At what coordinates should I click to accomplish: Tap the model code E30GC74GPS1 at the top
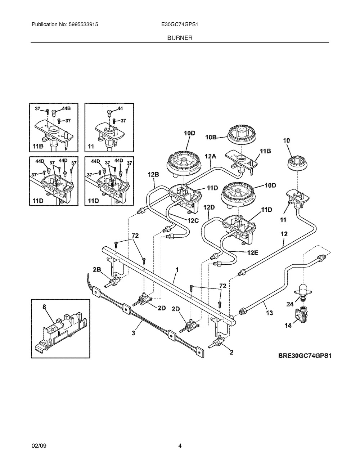(176, 25)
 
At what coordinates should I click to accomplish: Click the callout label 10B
(211, 137)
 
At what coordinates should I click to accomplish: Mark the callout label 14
(288, 326)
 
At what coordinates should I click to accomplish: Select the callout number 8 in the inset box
(44, 307)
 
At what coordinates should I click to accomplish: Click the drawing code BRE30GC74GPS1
(304, 356)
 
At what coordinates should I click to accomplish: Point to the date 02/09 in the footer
(39, 446)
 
